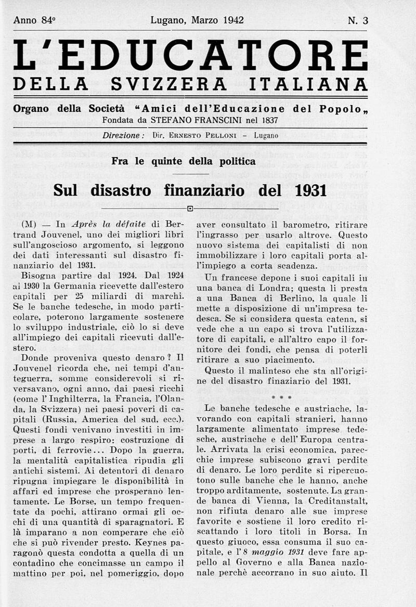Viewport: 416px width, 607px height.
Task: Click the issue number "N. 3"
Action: tap(358, 21)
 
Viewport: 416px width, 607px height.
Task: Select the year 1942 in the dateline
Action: tap(233, 21)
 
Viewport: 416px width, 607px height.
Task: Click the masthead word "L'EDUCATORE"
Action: tap(190, 55)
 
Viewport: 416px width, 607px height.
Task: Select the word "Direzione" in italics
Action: tap(123, 135)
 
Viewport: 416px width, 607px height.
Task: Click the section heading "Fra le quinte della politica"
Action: tap(184, 161)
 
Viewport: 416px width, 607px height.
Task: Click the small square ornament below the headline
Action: tap(190, 209)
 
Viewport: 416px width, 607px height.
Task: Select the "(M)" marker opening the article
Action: tap(29, 225)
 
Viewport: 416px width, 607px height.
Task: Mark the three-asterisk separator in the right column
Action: tap(281, 397)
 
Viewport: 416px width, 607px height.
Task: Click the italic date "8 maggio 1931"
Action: tap(268, 553)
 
